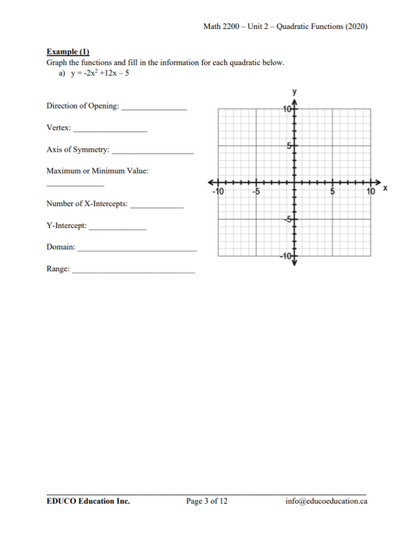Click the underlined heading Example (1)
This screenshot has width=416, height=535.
(68, 52)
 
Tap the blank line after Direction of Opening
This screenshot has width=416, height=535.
(154, 108)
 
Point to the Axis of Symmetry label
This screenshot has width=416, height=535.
(78, 149)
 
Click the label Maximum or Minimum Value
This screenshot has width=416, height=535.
(97, 170)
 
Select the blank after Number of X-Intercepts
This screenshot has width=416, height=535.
(157, 206)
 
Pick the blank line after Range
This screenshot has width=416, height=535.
(133, 271)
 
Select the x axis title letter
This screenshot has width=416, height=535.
(386, 189)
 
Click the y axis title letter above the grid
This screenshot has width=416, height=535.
(294, 92)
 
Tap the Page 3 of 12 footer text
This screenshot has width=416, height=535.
(207, 501)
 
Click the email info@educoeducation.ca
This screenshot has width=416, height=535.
(326, 501)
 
